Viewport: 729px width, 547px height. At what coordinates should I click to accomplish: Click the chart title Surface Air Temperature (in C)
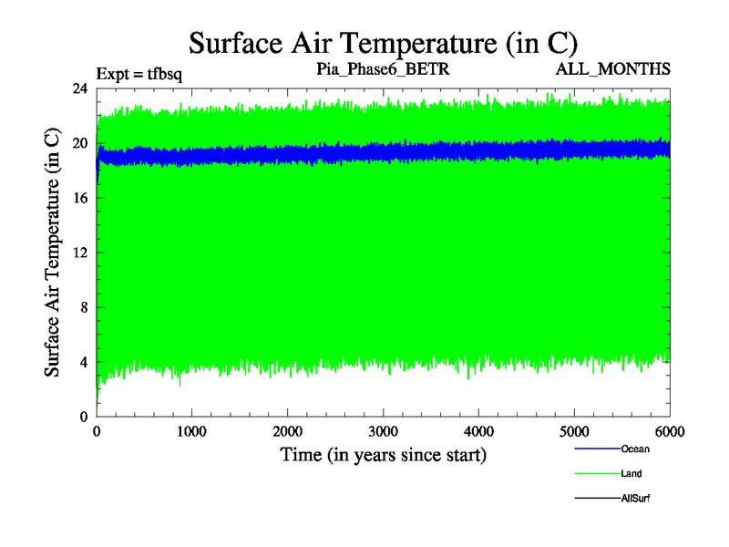[383, 42]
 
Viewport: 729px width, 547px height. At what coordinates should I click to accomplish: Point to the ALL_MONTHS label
[619, 69]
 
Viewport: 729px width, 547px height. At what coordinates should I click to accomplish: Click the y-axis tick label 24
[80, 88]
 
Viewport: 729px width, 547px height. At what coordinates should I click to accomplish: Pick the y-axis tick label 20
[80, 143]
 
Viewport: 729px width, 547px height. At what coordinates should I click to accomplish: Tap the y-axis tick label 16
[80, 198]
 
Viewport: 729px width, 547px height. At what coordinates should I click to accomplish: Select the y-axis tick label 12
[80, 253]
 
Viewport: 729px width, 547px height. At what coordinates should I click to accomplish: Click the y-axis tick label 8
[84, 307]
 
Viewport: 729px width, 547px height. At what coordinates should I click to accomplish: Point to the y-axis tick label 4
[84, 362]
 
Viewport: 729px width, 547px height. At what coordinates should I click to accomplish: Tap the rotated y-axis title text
[53, 253]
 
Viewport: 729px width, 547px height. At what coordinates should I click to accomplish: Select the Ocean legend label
[635, 449]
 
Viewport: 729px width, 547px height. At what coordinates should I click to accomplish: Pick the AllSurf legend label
[635, 499]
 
